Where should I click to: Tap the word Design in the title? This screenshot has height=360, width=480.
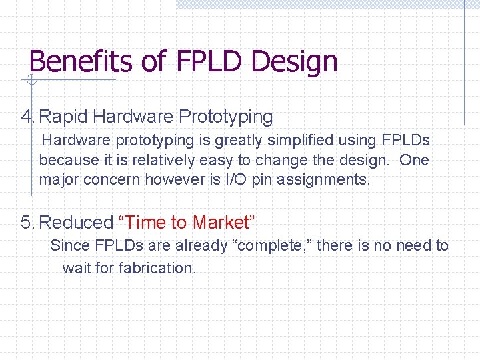[297, 62]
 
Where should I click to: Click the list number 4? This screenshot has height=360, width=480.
[26, 117]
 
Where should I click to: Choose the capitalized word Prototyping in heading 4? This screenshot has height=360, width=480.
[226, 117]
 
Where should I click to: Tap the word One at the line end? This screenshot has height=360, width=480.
[414, 160]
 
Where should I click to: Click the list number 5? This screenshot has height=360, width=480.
[26, 222]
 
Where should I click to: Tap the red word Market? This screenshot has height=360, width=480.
[221, 222]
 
